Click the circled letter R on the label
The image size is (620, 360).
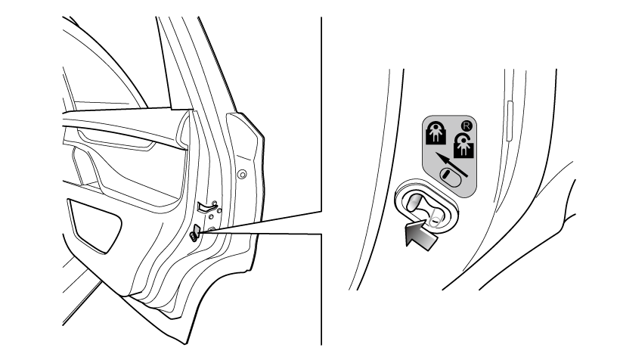[467, 126]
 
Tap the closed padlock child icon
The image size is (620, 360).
[436, 133]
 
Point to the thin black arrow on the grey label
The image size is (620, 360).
[451, 165]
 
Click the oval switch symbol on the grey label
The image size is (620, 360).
[451, 176]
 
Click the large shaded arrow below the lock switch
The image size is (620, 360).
[422, 234]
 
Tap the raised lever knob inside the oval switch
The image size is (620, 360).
[413, 203]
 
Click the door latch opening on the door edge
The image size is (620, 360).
[207, 205]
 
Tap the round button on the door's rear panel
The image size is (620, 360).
[242, 174]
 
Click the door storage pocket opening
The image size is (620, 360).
[95, 225]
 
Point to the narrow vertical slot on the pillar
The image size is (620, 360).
[510, 121]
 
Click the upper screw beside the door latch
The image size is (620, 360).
[211, 217]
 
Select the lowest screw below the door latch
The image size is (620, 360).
[211, 229]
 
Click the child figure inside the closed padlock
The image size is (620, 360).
[436, 132]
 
